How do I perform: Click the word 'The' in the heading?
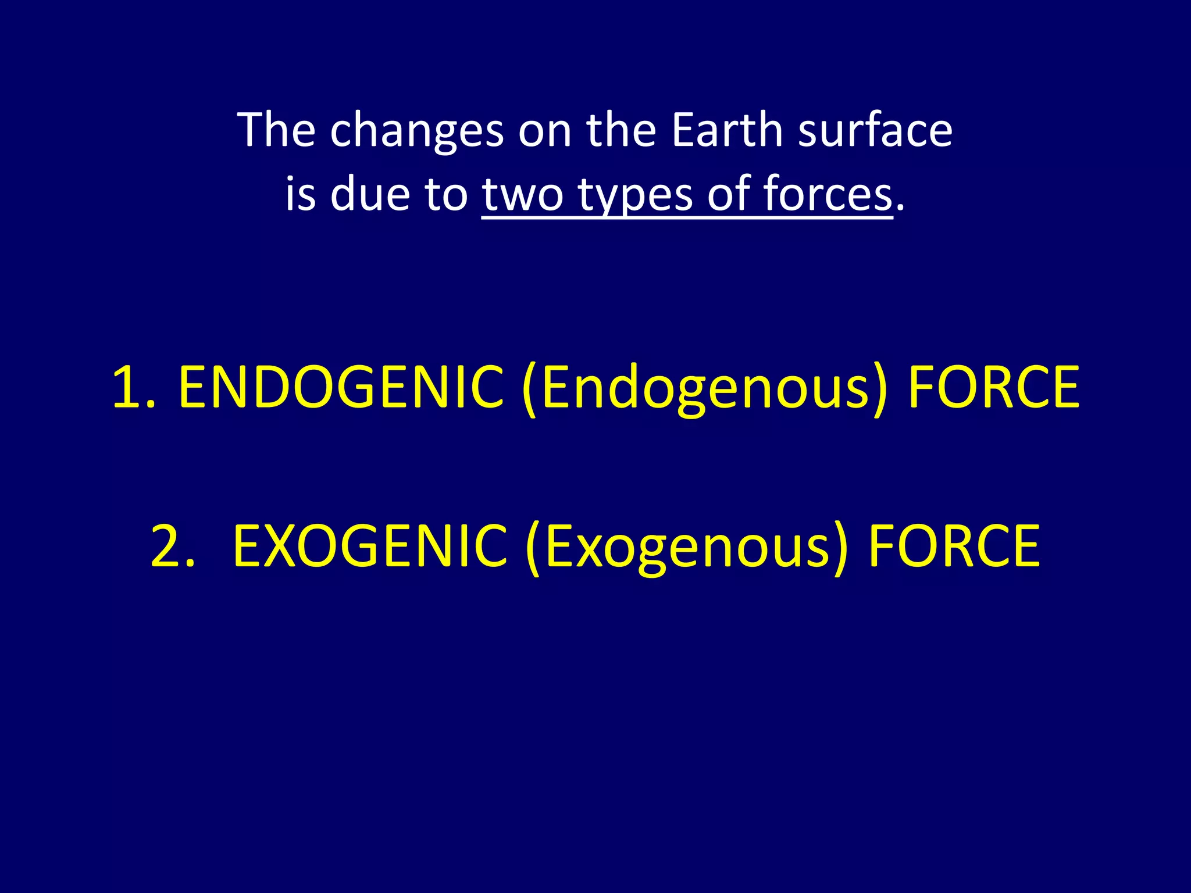point(276,130)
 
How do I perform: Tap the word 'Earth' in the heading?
point(727,130)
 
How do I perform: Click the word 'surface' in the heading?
point(875,130)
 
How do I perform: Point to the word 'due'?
point(370,194)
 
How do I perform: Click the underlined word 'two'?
point(522,195)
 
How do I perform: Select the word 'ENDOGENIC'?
point(341,387)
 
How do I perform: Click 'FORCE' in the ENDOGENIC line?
point(993,387)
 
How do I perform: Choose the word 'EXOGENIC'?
point(370,546)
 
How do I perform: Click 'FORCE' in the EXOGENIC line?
point(954,546)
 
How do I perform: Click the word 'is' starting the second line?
point(300,194)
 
